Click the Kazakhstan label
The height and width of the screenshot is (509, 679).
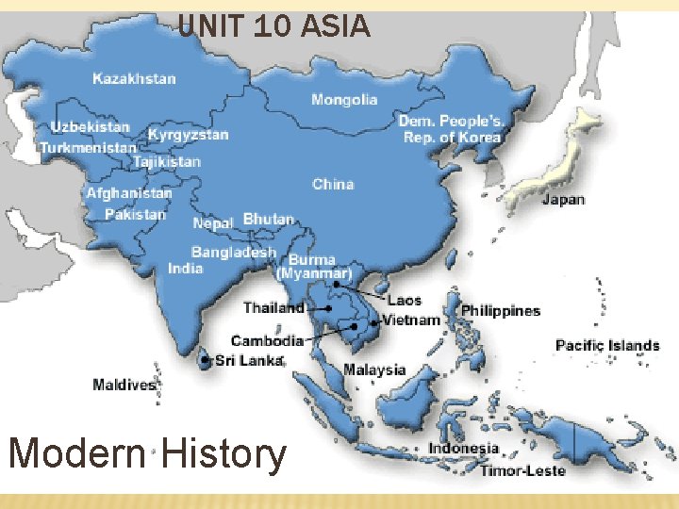[x=134, y=78]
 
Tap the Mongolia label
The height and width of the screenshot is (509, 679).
[x=344, y=99]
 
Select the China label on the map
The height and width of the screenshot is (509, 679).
[x=333, y=184]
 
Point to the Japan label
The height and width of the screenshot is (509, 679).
[x=563, y=200]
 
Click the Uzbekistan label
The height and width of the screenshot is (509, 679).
[x=91, y=126]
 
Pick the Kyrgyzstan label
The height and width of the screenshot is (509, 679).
[x=188, y=135]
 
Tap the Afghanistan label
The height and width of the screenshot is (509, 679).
[x=129, y=193]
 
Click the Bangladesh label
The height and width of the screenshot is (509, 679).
[x=234, y=252]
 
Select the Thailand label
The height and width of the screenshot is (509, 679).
[x=273, y=307]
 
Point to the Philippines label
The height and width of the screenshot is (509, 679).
[x=500, y=310]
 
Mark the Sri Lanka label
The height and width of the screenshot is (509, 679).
[x=249, y=360]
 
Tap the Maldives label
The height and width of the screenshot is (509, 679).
[x=124, y=385]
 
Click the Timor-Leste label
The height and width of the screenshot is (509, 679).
[x=522, y=470]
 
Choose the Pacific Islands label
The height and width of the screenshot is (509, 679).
[x=607, y=345]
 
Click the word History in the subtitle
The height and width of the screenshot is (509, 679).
[x=224, y=454]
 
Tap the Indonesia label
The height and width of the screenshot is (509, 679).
[x=464, y=449]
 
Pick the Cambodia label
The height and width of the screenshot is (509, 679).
[x=267, y=340]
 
